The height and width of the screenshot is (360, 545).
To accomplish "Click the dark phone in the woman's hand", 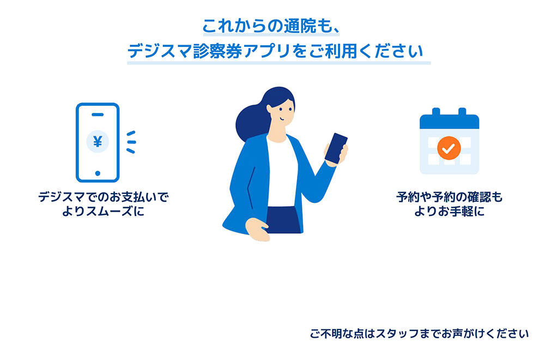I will pos(336,148).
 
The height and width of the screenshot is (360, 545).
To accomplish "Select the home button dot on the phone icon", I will pos(98,173).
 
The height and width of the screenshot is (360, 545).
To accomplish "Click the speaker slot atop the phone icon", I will pos(98,114).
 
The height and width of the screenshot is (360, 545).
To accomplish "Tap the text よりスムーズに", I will pos(104,211).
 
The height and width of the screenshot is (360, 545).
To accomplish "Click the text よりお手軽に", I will pos(449,211).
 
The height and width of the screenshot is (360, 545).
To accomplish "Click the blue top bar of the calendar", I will pos(449,121).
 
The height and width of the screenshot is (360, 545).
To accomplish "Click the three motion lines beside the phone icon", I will pos(130,142).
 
